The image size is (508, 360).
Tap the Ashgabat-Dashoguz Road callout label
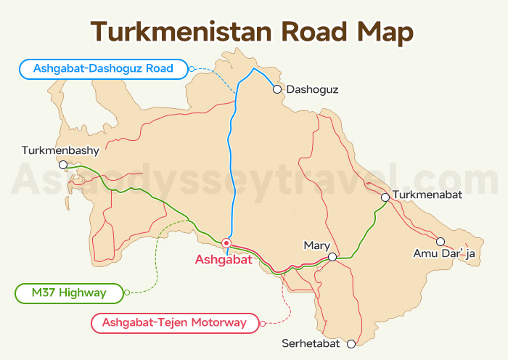tap(102, 70)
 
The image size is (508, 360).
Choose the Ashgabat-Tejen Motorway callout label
tap(174, 322)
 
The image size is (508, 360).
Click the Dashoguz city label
tap(313, 90)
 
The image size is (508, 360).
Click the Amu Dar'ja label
tap(442, 253)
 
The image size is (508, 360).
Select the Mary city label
tap(317, 245)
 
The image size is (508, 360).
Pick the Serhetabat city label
tap(313, 344)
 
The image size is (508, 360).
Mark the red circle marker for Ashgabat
tap(226, 243)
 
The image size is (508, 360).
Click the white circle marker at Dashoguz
tap(276, 90)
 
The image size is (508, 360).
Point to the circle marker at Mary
tap(332, 257)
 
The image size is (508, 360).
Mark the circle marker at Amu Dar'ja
tap(440, 241)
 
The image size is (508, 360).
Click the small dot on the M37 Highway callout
tap(127, 292)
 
